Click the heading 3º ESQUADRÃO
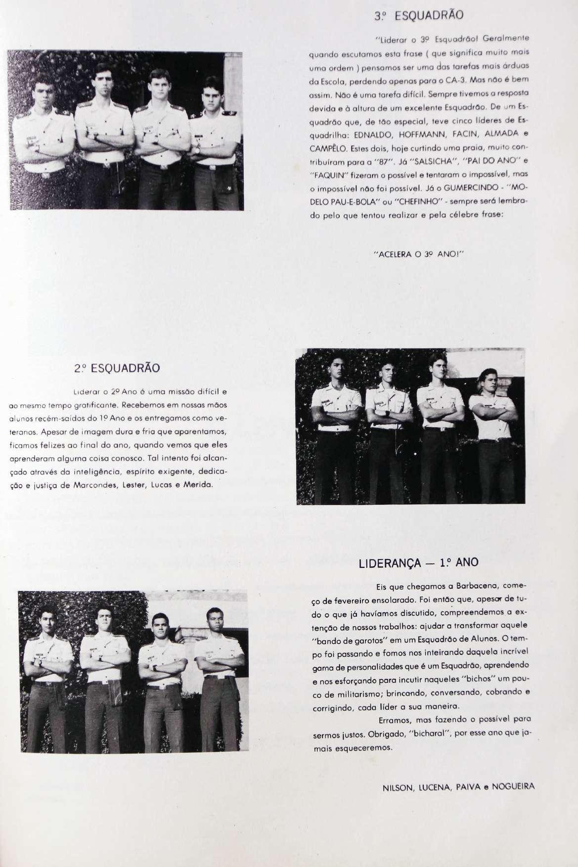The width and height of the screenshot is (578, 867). tap(419, 15)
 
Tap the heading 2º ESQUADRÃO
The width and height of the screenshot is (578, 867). tap(117, 368)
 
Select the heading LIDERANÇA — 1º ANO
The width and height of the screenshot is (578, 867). tap(418, 563)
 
